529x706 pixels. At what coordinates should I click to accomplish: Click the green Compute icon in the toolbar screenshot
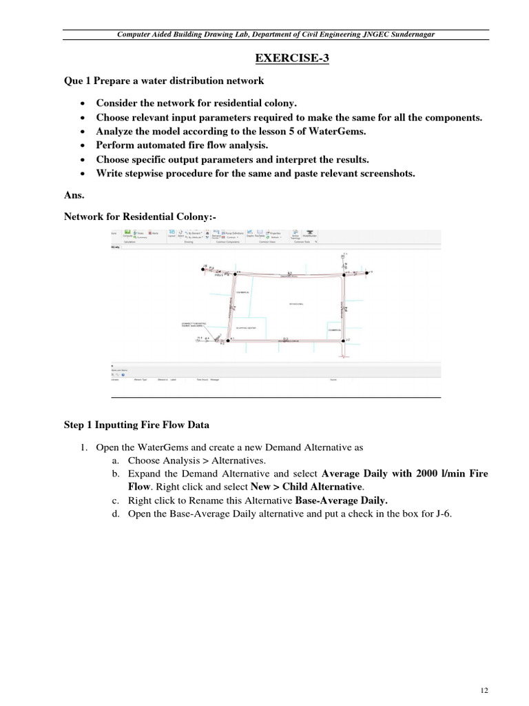128,234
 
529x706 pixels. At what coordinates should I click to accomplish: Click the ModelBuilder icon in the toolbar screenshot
308,234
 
